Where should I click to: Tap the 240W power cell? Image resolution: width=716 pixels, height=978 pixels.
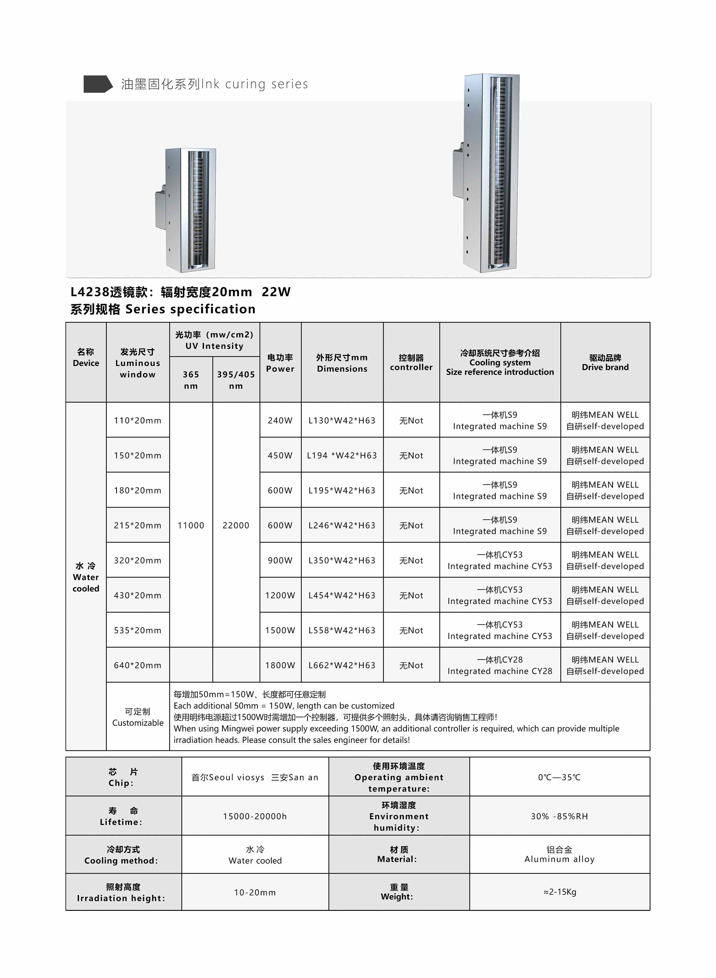280,420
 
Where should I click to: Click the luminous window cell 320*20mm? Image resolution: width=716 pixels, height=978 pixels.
137,560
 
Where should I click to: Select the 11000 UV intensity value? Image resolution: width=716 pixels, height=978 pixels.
191,525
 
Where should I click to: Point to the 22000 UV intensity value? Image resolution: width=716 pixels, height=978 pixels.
236,525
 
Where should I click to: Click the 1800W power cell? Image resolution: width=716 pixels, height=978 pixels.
280,665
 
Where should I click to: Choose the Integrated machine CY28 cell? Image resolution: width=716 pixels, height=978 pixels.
500,665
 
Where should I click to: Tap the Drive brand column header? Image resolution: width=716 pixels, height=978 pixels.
605,362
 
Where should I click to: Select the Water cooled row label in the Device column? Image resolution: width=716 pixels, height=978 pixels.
86,577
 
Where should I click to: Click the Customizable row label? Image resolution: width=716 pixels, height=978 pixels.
137,717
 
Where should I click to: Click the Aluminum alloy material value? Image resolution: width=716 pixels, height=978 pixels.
559,854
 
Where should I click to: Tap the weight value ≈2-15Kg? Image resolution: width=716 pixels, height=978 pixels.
559,892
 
